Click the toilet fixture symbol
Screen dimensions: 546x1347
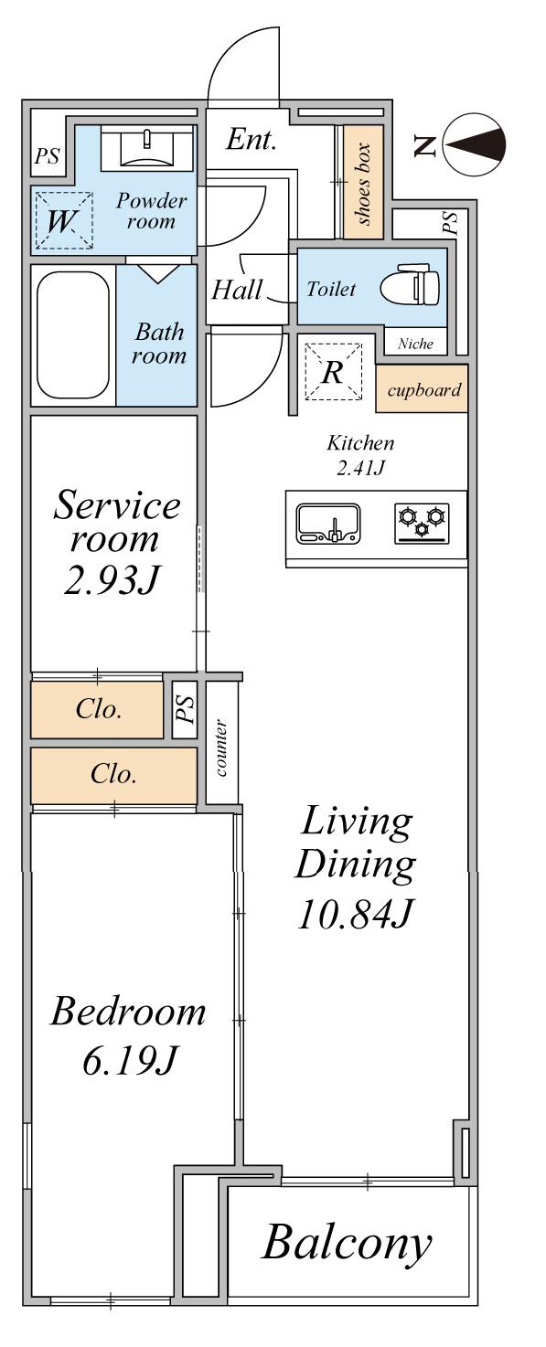[410, 286]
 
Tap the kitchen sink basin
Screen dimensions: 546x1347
[328, 523]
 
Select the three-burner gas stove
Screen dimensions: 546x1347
[422, 523]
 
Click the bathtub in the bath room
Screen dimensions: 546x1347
[73, 335]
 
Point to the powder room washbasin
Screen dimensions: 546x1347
[146, 146]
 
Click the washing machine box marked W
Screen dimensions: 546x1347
[63, 220]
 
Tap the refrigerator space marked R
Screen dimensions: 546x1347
[333, 372]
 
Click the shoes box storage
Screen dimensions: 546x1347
[364, 182]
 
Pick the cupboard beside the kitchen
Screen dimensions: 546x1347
[422, 388]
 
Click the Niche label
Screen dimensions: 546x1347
[415, 344]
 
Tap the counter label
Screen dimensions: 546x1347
[221, 748]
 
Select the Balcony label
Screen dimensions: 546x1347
[347, 1244]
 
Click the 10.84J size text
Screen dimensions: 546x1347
[356, 914]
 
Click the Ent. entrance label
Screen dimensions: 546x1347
[252, 140]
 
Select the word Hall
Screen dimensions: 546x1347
[237, 290]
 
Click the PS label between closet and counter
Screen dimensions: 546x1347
[186, 709]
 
